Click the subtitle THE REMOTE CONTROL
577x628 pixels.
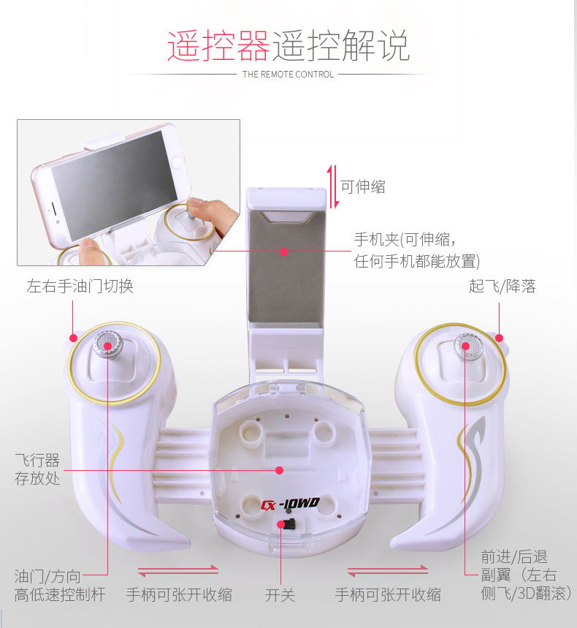click(x=288, y=74)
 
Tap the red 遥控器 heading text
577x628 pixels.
click(x=218, y=45)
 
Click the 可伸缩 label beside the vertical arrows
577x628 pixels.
click(x=363, y=186)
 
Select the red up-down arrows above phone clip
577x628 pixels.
click(x=333, y=186)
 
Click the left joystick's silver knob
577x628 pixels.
click(x=108, y=344)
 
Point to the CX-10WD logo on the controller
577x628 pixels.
click(x=290, y=504)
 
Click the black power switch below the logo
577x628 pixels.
click(x=287, y=523)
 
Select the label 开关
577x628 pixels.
click(x=280, y=595)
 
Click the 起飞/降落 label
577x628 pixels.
click(x=503, y=286)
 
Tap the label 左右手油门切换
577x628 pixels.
click(x=80, y=286)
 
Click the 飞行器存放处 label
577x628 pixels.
click(x=37, y=469)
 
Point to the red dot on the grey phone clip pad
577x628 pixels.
click(x=283, y=251)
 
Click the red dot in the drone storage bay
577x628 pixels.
click(x=279, y=470)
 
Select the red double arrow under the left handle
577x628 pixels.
click(x=178, y=571)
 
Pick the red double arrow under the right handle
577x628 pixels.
click(x=388, y=571)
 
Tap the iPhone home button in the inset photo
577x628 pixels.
click(x=177, y=162)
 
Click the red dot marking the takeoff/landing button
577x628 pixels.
click(x=499, y=338)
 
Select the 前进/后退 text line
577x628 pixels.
click(x=513, y=556)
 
